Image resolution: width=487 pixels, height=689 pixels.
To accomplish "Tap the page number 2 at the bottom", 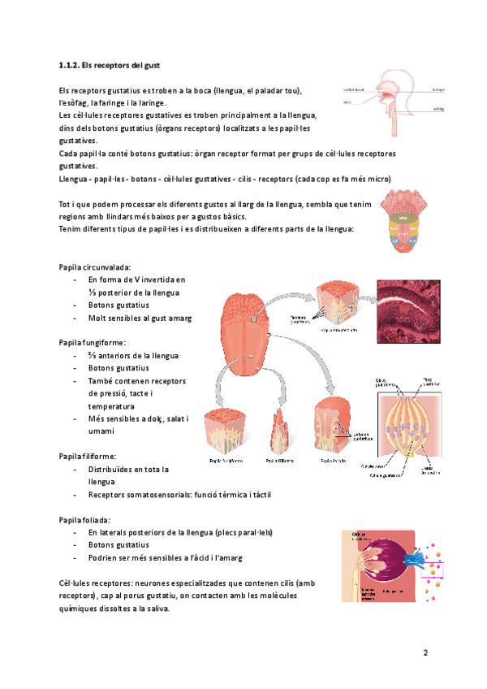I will [424, 652].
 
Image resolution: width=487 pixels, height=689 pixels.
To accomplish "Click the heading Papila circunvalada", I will [95, 267].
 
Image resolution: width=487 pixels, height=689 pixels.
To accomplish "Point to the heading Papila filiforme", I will [88, 457].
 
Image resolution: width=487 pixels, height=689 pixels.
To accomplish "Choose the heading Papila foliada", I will [85, 519].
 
